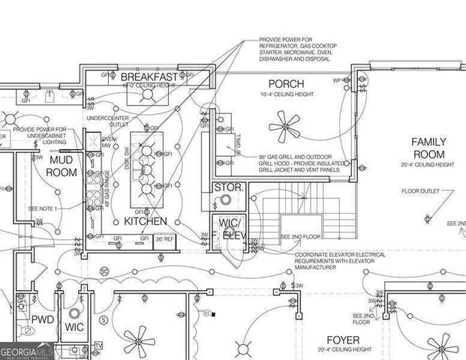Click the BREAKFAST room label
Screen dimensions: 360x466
pyautogui.click(x=149, y=76)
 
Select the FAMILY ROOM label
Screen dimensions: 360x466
pyautogui.click(x=428, y=148)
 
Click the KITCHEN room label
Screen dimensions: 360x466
pyautogui.click(x=145, y=222)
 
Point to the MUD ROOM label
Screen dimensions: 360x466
pyautogui.click(x=64, y=166)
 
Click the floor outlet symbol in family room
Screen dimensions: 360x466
pyautogui.click(x=427, y=218)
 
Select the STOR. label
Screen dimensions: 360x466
pyautogui.click(x=227, y=187)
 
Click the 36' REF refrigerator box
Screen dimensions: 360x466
pyautogui.click(x=164, y=240)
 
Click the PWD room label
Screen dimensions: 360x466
pyautogui.click(x=42, y=319)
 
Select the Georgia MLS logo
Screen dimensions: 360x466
pyautogui.click(x=26, y=350)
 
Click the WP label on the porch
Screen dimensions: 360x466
pyautogui.click(x=338, y=79)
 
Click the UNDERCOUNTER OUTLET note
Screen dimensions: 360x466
pyautogui.click(x=107, y=121)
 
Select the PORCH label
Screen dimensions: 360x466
pyautogui.click(x=286, y=83)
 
